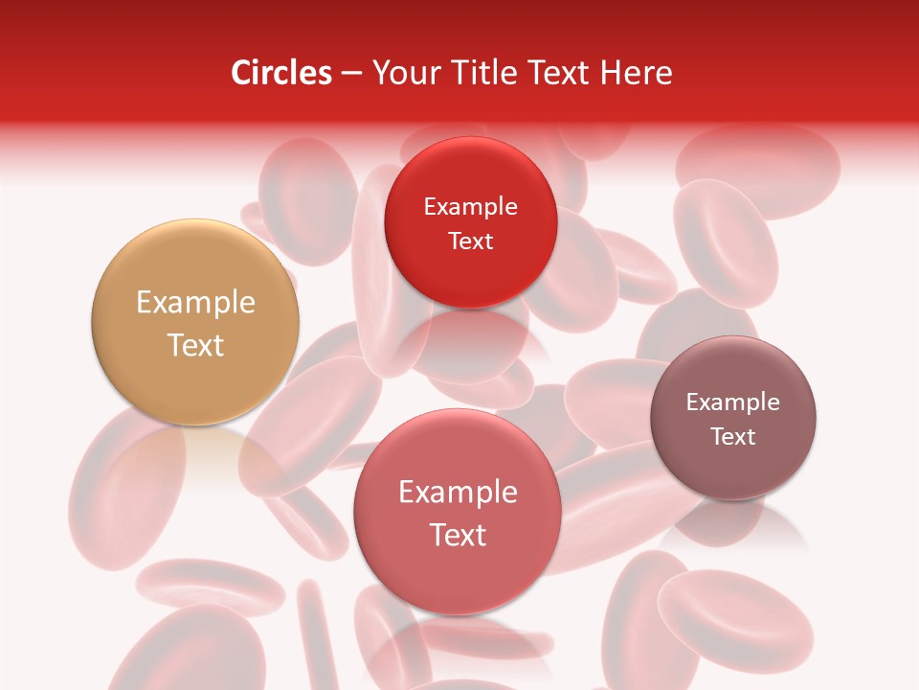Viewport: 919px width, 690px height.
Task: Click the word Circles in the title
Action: (280, 73)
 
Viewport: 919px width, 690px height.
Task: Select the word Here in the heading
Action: (637, 73)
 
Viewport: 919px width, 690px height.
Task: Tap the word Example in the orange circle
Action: (195, 303)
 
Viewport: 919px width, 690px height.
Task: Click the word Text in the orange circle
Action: (195, 346)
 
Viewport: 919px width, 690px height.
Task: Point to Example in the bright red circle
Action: (470, 207)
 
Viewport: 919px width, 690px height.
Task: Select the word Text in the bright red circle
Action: (470, 241)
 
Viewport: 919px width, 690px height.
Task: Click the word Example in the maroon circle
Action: (732, 402)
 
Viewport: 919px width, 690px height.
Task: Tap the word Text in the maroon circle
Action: (732, 437)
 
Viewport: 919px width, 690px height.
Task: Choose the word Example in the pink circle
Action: (458, 493)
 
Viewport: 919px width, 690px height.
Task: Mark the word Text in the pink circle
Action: (458, 535)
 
